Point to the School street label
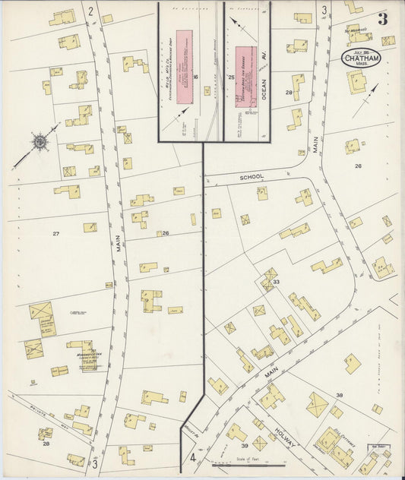pyautogui.click(x=251, y=177)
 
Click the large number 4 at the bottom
pyautogui.click(x=193, y=459)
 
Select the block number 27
pyautogui.click(x=55, y=233)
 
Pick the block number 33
pyautogui.click(x=276, y=282)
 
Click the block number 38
pyautogui.click(x=340, y=395)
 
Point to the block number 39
pyautogui.click(x=245, y=446)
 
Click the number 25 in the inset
pyautogui.click(x=230, y=77)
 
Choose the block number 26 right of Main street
pyautogui.click(x=358, y=165)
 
